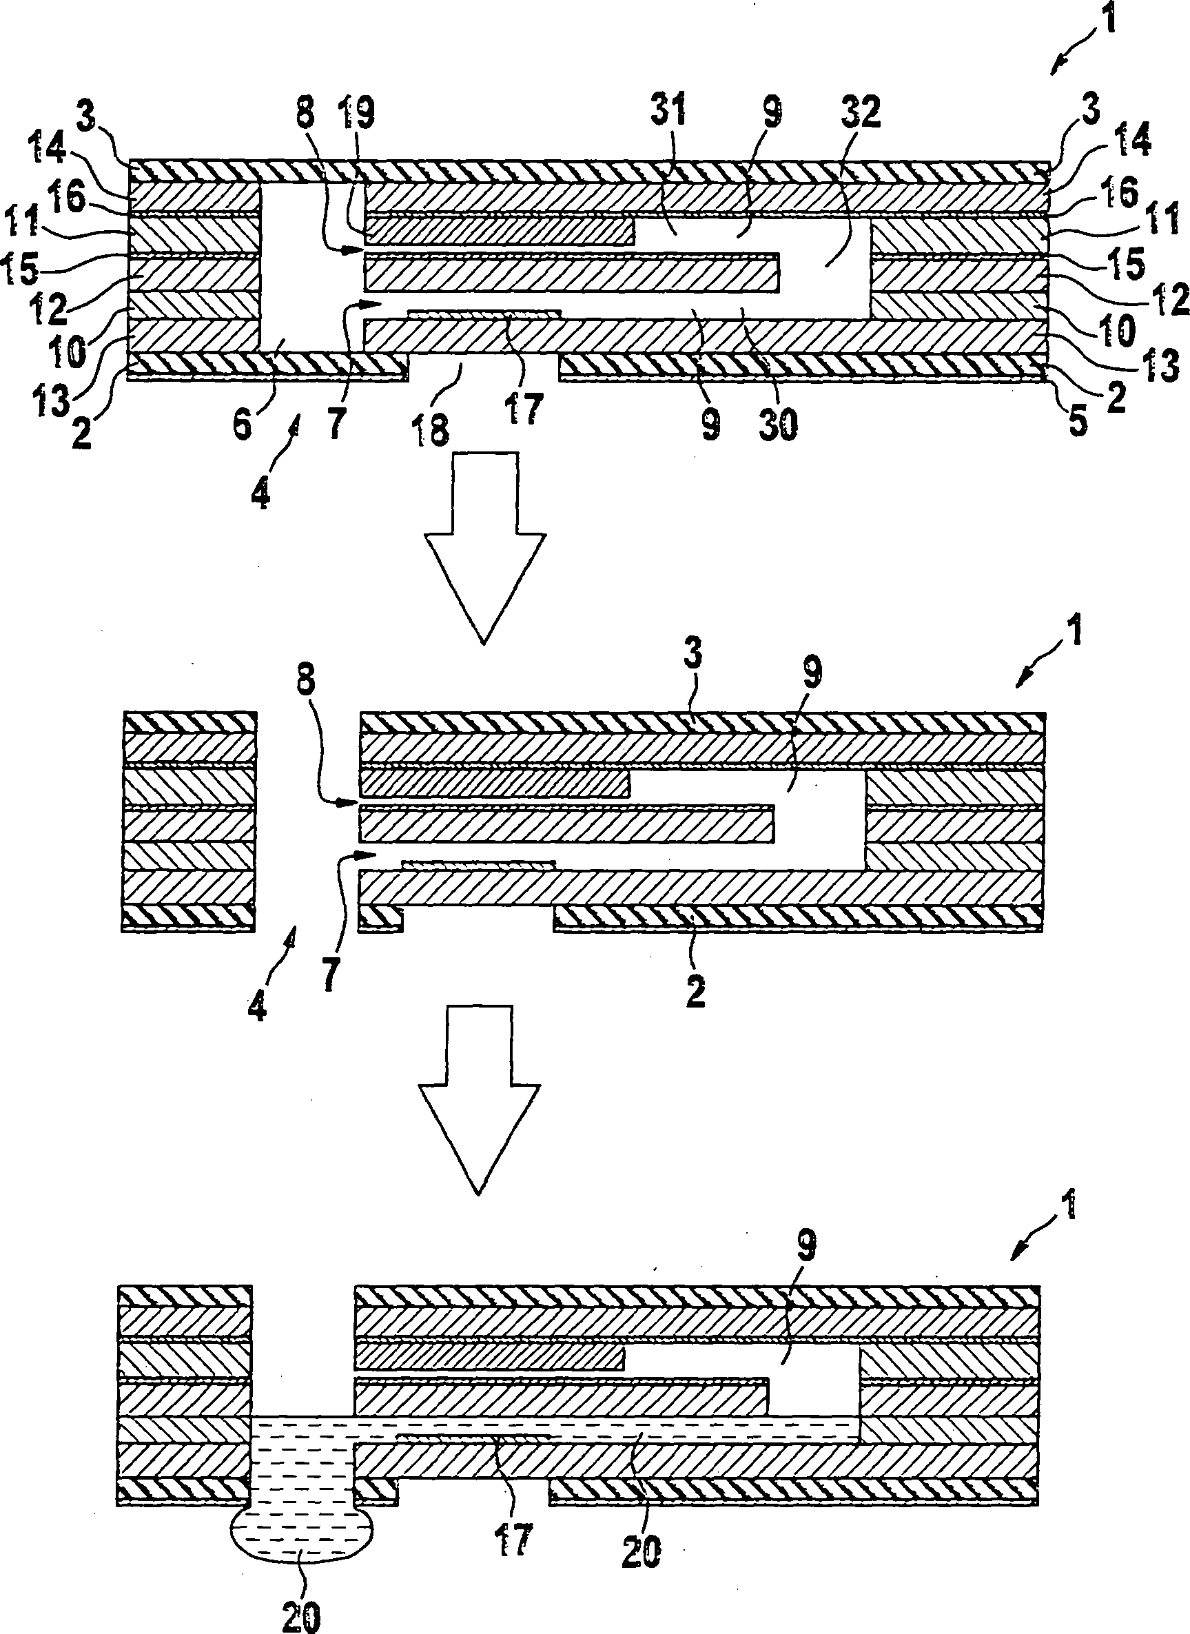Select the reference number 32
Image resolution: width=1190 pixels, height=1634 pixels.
coord(861,113)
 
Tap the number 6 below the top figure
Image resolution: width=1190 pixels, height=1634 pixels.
coord(242,425)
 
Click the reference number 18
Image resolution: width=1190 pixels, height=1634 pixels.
coord(432,431)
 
